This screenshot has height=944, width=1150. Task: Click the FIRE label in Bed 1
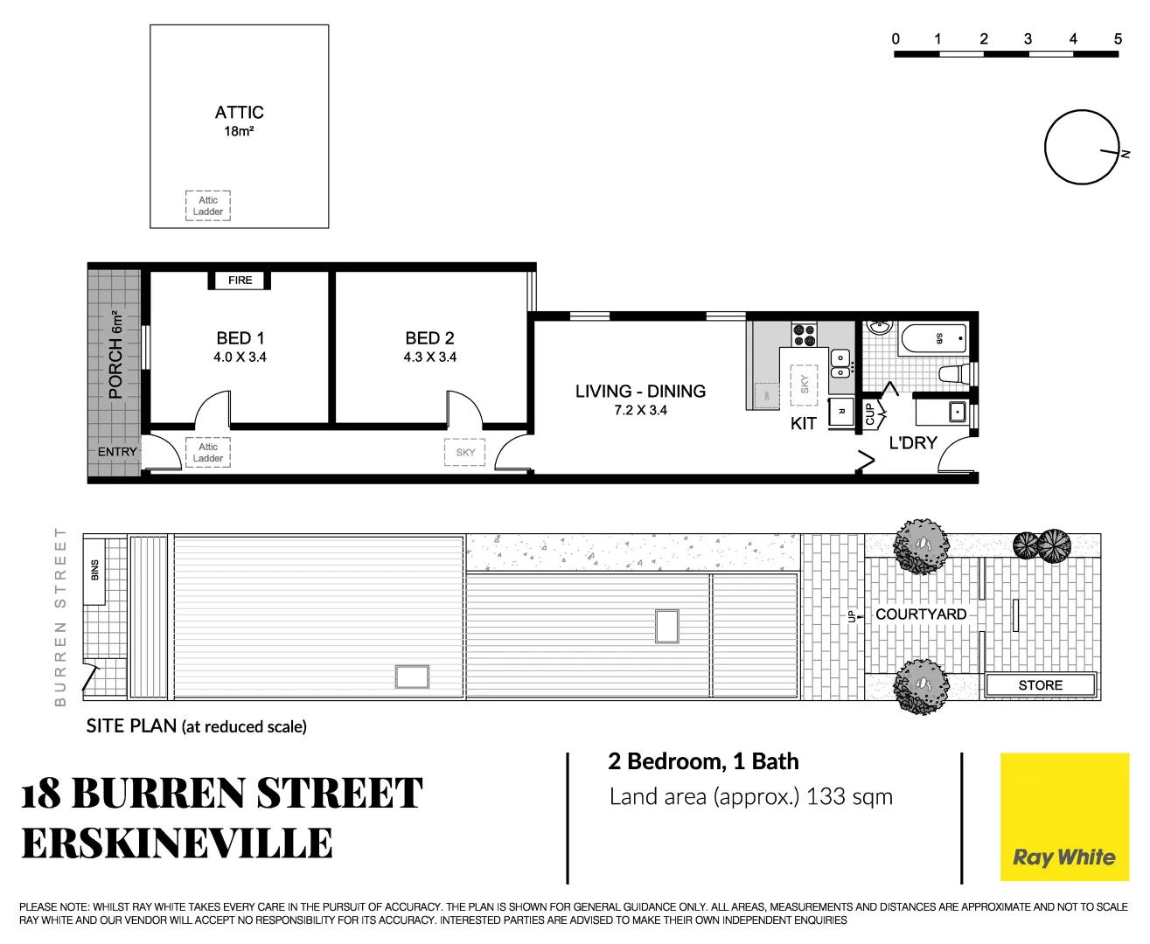[240, 281]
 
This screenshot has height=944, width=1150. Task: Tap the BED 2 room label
[429, 338]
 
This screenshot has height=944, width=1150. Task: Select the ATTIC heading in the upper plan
[239, 113]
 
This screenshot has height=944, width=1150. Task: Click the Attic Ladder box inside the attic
[208, 205]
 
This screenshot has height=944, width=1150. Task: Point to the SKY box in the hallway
[465, 452]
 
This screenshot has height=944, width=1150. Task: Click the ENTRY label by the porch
[117, 452]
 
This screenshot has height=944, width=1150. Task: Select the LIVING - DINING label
[640, 392]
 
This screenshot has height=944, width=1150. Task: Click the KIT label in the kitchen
[803, 424]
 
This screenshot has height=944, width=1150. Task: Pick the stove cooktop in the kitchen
[805, 335]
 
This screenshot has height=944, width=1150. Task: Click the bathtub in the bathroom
[933, 338]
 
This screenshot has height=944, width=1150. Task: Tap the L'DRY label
[912, 443]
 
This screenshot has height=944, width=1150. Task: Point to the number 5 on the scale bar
[1118, 39]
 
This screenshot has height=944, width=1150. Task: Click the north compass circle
[1081, 147]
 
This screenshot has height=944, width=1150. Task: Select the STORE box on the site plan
[1040, 685]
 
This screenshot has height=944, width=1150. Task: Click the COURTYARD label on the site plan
[921, 614]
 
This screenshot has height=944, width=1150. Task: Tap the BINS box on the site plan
[94, 570]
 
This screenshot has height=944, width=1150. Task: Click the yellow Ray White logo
[1064, 817]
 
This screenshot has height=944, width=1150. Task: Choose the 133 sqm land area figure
[849, 797]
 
